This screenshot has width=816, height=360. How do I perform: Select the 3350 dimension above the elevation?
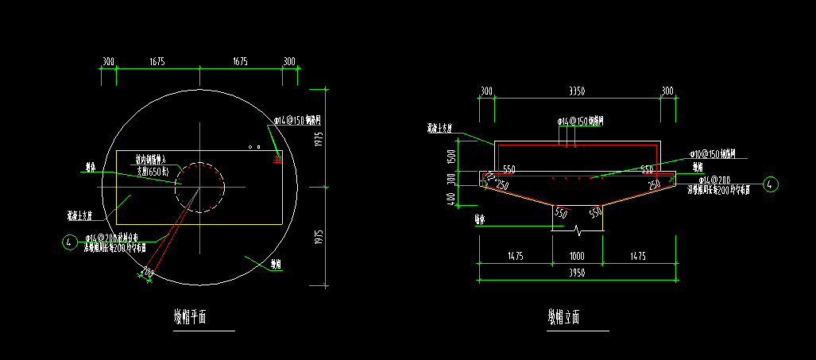click(577, 92)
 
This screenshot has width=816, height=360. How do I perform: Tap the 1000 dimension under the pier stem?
click(577, 256)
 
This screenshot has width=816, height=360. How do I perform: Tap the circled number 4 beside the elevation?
click(770, 184)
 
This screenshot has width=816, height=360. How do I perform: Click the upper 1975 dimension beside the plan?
click(318, 138)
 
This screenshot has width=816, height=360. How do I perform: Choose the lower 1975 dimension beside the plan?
click(318, 237)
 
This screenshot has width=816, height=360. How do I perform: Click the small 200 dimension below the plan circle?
click(146, 273)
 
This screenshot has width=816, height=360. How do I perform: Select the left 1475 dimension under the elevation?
click(514, 256)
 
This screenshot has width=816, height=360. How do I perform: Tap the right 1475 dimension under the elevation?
click(639, 256)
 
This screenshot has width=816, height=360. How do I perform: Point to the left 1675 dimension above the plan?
click(157, 61)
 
